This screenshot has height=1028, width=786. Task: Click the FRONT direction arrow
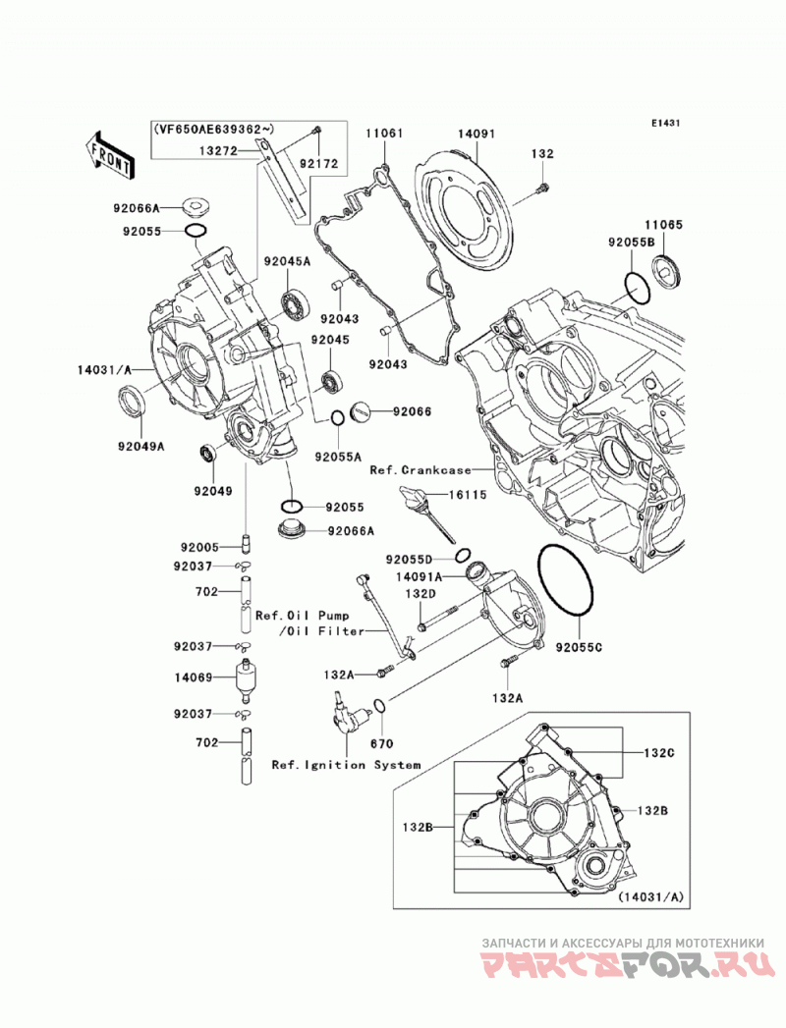pos(110,155)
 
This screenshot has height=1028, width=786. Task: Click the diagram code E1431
pos(665,123)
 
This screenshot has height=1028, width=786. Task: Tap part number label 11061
pos(384,134)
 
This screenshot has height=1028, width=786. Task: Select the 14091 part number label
pos(477,134)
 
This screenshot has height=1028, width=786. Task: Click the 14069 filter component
pos(246,678)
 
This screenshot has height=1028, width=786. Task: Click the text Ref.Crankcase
pos(420,469)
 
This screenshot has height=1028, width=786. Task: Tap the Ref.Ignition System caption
pos(346,765)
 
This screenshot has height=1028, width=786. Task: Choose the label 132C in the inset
pos(658,753)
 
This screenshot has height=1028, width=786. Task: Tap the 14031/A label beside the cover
pos(105,370)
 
